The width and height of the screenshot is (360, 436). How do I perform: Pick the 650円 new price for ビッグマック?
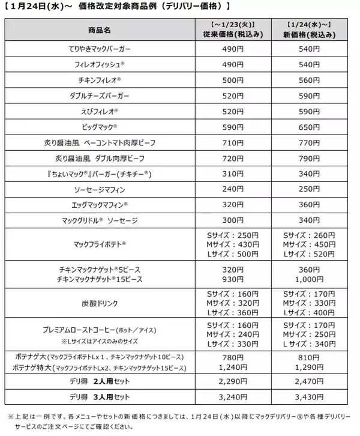pos(308,127)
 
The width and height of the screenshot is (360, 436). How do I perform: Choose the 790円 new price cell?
pos(308,160)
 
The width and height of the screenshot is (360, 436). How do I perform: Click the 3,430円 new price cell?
pos(308,397)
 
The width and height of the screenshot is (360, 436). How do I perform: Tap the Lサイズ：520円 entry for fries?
pos(308,254)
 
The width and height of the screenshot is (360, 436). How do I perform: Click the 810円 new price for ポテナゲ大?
pos(308,356)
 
